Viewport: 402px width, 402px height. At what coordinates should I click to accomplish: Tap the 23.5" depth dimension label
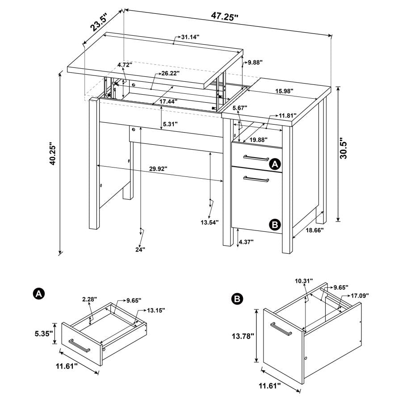tap(101, 22)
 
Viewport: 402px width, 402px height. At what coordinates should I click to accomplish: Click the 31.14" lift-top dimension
tap(190, 38)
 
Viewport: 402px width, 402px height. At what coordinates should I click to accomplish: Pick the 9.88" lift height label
tap(255, 63)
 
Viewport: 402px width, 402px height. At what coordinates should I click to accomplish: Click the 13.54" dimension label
tap(209, 222)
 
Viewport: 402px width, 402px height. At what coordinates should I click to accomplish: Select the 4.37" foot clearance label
tap(246, 242)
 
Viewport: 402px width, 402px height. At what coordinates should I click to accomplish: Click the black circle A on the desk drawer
tap(276, 164)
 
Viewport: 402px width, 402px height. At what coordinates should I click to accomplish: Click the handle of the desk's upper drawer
tap(255, 157)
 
